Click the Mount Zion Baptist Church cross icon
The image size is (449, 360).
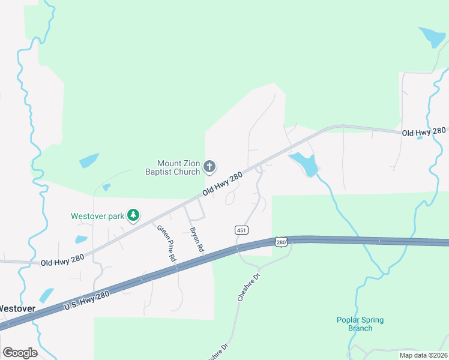point(209,166)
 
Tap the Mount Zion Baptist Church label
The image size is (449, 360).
point(178,167)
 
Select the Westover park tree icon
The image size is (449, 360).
point(133,215)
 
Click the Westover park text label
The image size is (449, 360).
point(97,216)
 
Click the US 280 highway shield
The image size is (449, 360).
point(282,242)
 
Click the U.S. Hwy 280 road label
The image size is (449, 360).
point(87,300)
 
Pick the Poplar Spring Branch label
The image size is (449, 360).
point(360,324)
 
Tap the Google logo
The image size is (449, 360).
point(20,353)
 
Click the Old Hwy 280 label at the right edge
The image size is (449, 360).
point(424,131)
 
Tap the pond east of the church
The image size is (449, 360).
point(304,164)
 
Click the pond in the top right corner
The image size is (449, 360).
point(433,37)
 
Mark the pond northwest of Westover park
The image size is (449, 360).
point(89,161)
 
